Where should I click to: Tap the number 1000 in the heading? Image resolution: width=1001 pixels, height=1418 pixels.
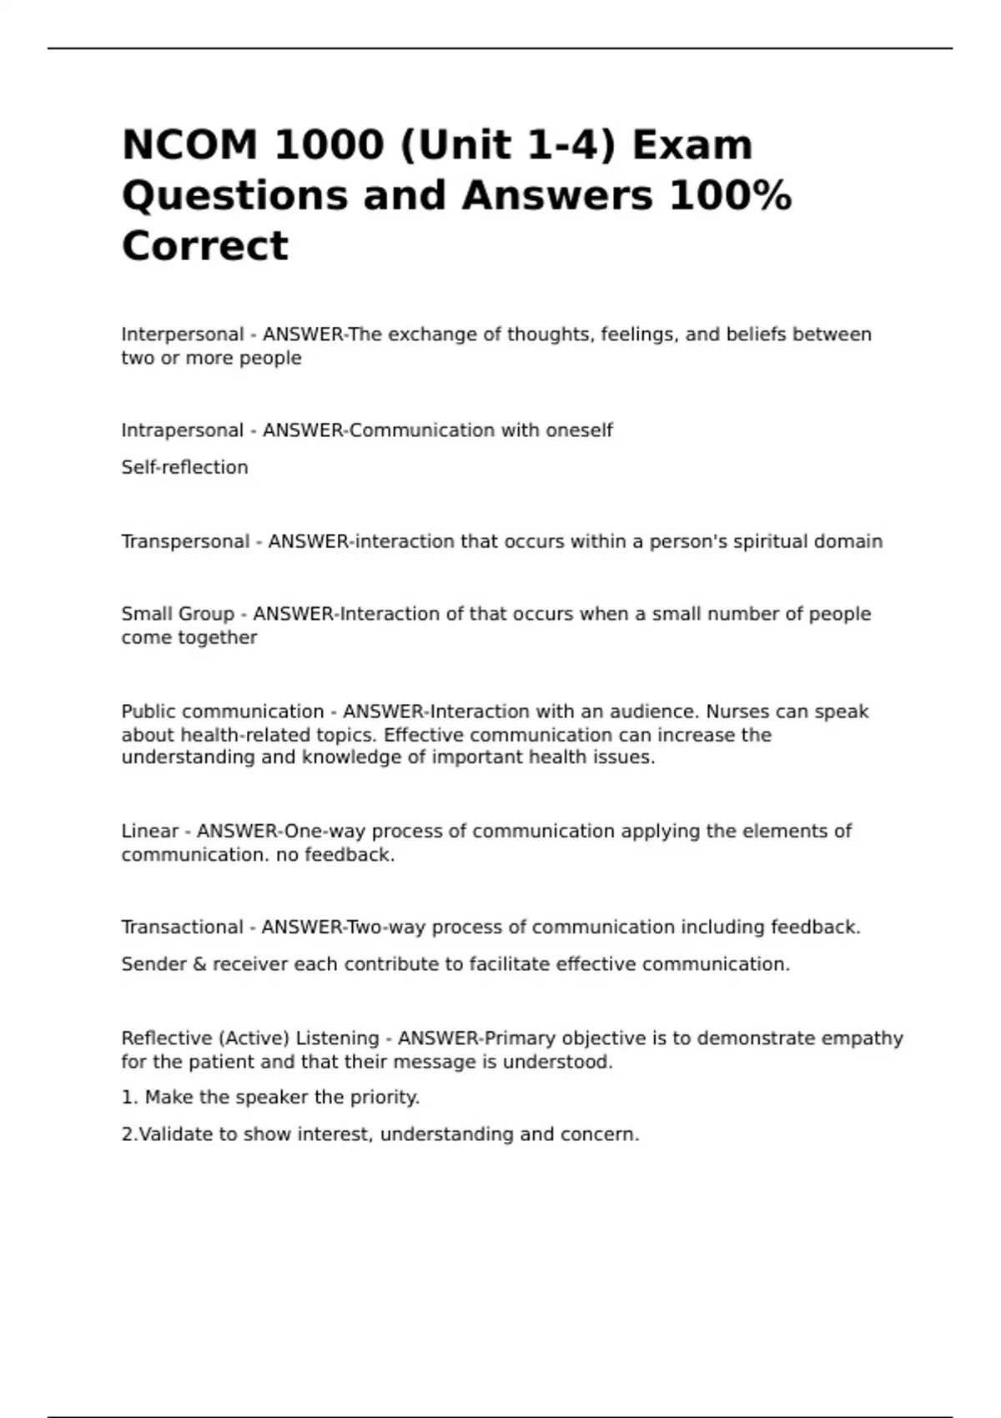click(329, 145)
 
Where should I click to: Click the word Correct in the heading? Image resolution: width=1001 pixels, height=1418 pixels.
click(205, 247)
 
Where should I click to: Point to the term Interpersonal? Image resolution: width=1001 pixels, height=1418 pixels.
click(183, 334)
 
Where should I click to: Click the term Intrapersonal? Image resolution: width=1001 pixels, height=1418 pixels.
click(183, 430)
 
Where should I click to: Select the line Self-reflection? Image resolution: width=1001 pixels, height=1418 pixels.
click(184, 467)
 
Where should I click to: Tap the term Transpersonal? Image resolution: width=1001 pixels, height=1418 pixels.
click(185, 541)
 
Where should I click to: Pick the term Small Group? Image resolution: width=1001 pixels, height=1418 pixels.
click(178, 614)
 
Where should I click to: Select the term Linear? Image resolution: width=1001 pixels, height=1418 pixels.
click(150, 831)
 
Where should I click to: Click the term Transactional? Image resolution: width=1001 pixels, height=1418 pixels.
click(182, 927)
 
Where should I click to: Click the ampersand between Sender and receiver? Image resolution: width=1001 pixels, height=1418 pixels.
click(199, 964)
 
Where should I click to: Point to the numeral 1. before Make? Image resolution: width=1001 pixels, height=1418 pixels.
click(129, 1098)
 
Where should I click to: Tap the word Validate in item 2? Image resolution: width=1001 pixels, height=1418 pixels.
click(176, 1134)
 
